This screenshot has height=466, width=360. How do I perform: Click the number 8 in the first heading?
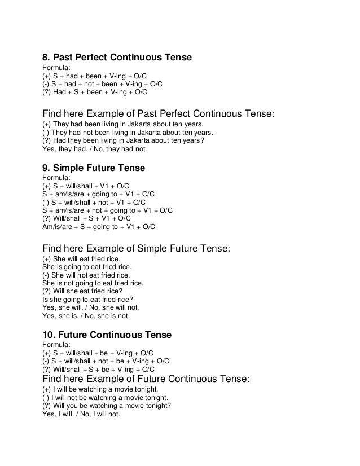[47, 58]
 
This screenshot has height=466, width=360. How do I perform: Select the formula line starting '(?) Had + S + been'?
[95, 91]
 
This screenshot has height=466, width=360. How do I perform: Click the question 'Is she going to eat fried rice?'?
[88, 300]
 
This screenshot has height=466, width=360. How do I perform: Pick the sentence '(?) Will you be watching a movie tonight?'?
[107, 406]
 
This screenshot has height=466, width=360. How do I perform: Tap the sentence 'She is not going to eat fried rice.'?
[93, 283]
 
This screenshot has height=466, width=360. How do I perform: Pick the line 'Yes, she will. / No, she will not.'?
[91, 308]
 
